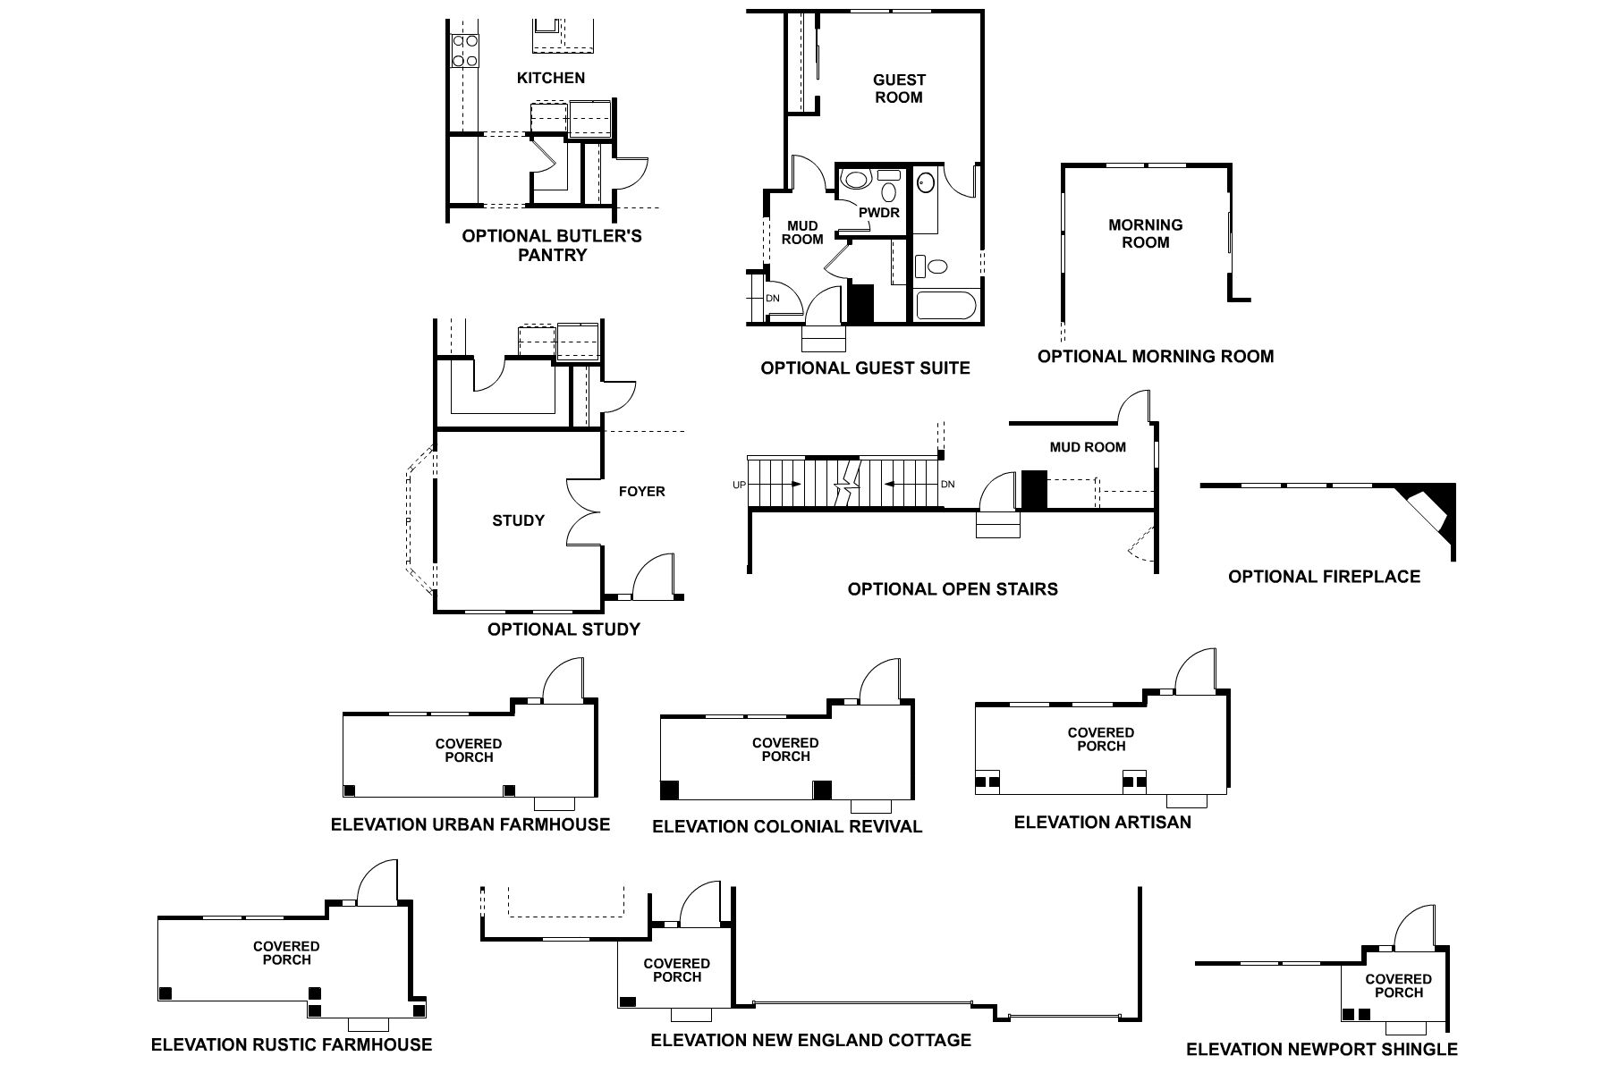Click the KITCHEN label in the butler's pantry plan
coord(551,79)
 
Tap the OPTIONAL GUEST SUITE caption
coord(865,368)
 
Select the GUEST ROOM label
coord(899,89)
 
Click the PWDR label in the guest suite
coord(879,213)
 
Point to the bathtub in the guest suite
coord(945,306)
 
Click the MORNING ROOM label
coord(1145,233)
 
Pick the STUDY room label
coord(518,520)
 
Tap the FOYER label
coord(641,491)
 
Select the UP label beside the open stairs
coord(739,485)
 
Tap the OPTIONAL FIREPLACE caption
coord(1324,577)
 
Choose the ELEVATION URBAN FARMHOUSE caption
coord(470,824)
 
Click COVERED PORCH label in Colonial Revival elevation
coord(785,749)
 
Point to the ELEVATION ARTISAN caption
coord(1102,822)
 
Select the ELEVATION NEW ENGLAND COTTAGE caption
coord(810,1040)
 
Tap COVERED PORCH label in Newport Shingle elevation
coord(1399,985)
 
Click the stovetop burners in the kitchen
coord(465,50)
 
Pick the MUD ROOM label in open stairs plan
coord(1088,447)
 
